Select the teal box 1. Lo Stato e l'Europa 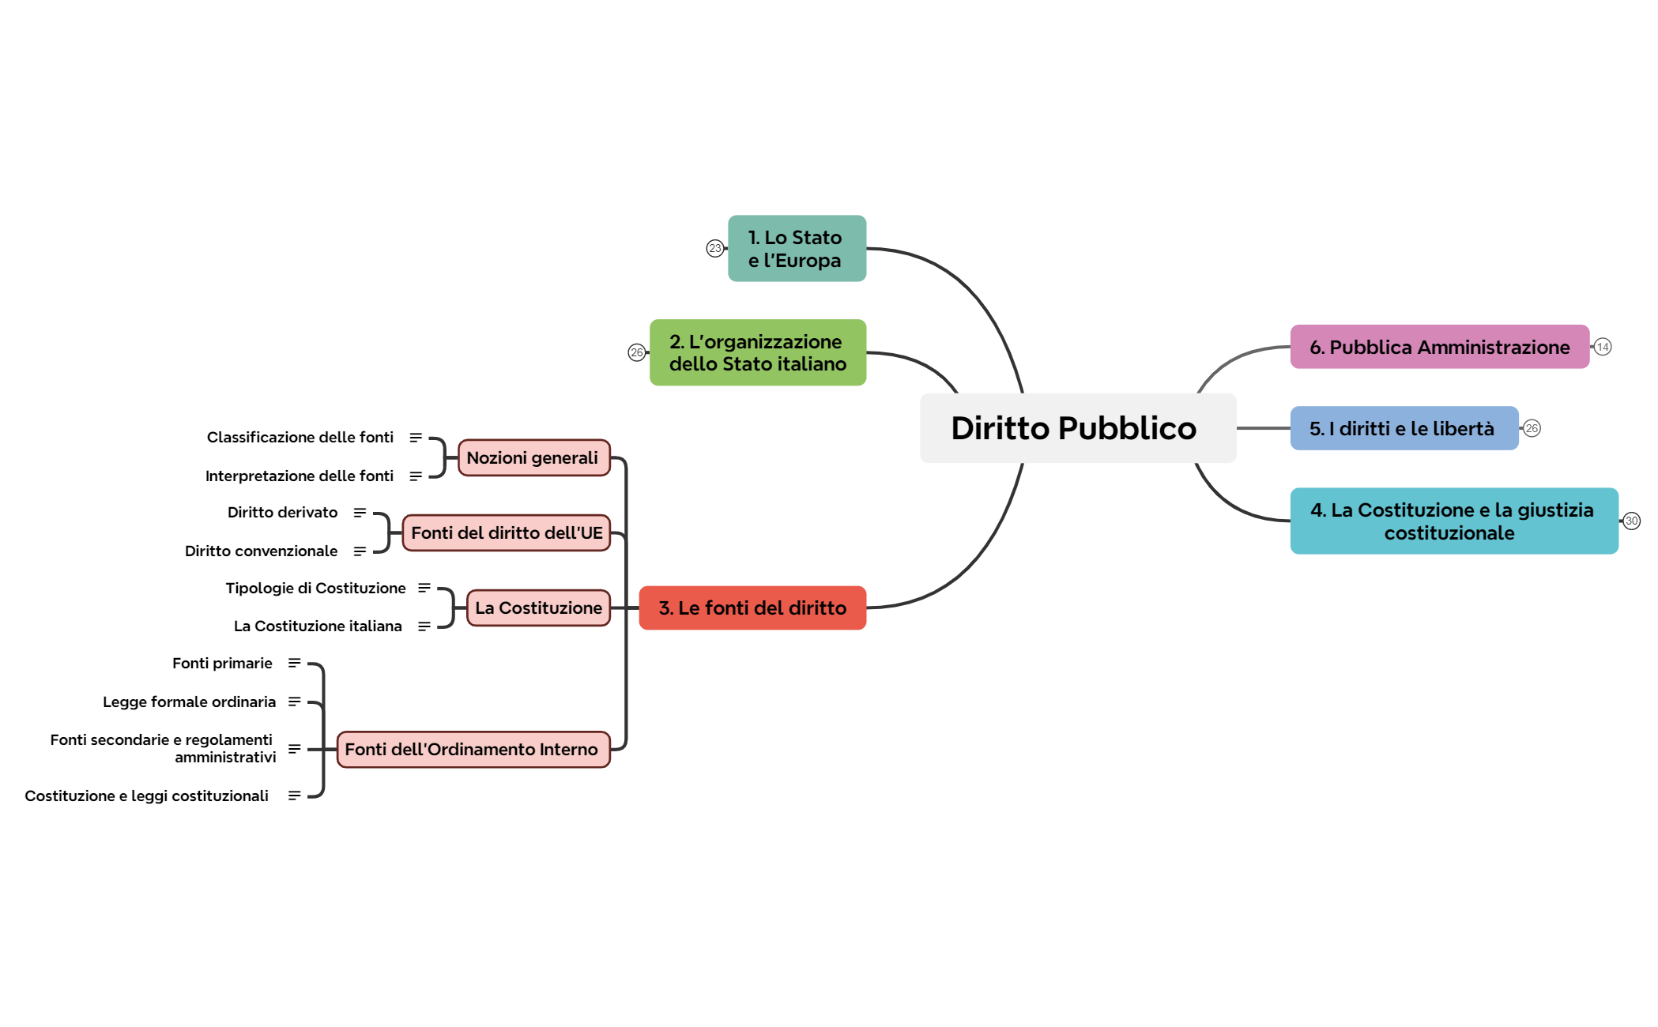[797, 249]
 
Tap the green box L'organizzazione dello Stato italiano [757, 353]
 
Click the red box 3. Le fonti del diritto [752, 608]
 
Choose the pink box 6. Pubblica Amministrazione [1439, 348]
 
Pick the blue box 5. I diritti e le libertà [1404, 429]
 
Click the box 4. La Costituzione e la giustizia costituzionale [1453, 521]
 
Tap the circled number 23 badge [714, 249]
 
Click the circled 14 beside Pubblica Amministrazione [1602, 348]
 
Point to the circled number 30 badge [1631, 521]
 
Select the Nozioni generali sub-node [533, 458]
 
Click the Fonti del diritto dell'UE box [507, 533]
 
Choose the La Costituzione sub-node [538, 608]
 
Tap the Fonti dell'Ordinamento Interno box [473, 750]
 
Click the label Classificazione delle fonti [300, 438]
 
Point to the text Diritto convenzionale [261, 551]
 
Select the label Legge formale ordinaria [189, 702]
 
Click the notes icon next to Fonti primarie [294, 664]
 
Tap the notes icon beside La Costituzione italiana [424, 626]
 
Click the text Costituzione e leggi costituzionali [146, 796]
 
